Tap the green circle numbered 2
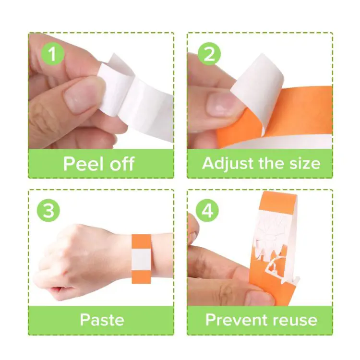209,55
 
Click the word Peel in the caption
84,164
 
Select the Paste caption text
101,320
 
